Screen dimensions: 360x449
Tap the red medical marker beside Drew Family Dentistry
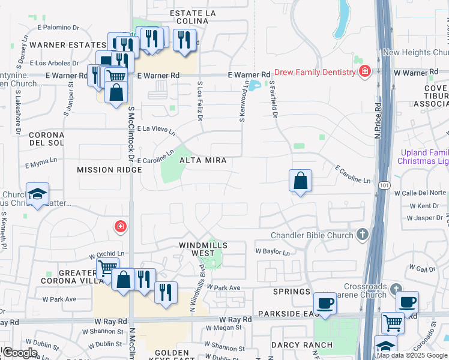tap(364, 73)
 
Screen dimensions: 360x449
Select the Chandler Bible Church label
tap(312, 235)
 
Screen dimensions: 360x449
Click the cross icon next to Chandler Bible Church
tap(362, 233)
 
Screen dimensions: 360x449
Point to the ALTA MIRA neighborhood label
tap(202, 160)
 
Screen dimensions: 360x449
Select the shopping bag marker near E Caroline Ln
tap(300, 181)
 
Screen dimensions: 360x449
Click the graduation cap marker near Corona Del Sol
tap(37, 194)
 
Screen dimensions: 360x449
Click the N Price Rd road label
tap(378, 121)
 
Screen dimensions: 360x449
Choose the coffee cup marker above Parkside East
tap(325, 303)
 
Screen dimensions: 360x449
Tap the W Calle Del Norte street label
tap(420, 193)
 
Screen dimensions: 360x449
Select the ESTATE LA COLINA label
tap(188, 17)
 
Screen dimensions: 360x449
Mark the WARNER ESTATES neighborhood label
tap(67, 45)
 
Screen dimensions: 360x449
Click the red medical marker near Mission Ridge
tap(121, 226)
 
